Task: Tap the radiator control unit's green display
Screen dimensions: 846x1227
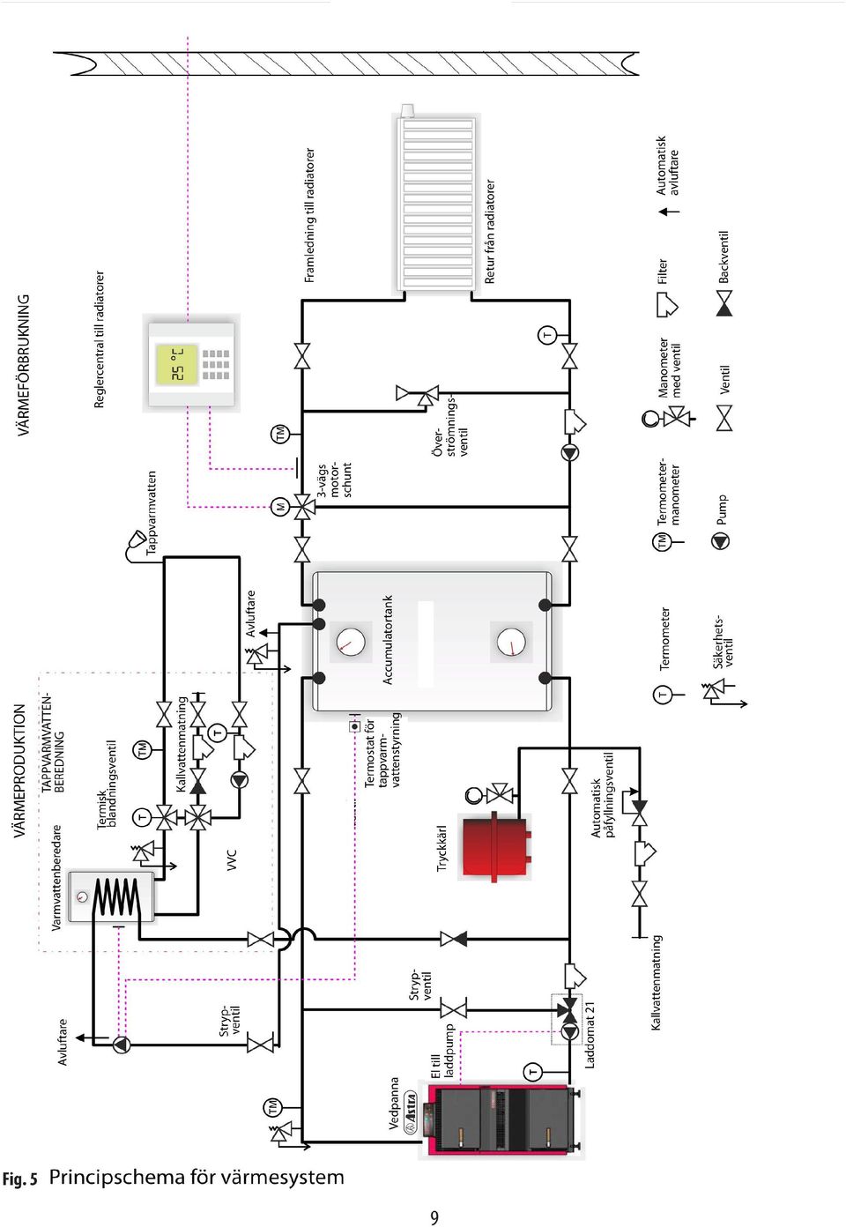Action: tap(177, 365)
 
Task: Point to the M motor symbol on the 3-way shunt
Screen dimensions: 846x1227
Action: tap(280, 507)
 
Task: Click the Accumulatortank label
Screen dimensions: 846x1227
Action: tap(388, 640)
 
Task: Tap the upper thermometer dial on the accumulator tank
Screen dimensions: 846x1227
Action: tap(351, 642)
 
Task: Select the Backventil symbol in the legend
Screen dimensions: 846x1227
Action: tap(724, 303)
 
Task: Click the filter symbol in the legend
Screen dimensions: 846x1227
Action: tap(667, 305)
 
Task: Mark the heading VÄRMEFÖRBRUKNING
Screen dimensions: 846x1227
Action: tap(24, 365)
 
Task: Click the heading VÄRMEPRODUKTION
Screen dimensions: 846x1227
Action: tap(19, 770)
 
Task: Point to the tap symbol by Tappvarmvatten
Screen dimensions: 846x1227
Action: tap(134, 542)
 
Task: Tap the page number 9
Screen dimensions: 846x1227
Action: tap(434, 1217)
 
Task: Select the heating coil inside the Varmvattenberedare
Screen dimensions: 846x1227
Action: tap(115, 896)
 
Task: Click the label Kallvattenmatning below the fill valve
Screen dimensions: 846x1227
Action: tap(656, 982)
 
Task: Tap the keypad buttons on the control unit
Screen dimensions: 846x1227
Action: tap(216, 365)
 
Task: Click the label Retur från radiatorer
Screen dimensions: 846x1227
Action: tap(489, 232)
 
